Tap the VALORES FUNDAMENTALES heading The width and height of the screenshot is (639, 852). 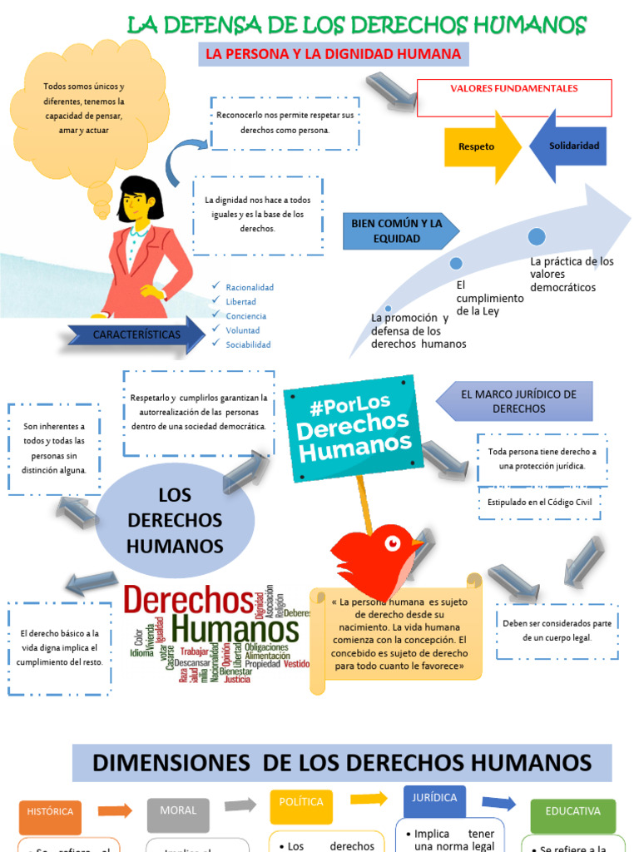pos(513,89)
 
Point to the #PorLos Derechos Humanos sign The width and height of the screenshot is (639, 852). pos(354,426)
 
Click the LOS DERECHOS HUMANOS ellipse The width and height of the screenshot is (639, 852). pos(175,520)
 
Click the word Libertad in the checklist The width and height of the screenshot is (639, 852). pos(241,302)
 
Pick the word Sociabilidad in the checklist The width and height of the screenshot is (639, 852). pos(248,344)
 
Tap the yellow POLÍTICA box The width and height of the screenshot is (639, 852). pos(300,804)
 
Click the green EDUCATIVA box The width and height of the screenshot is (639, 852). pos(572,812)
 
